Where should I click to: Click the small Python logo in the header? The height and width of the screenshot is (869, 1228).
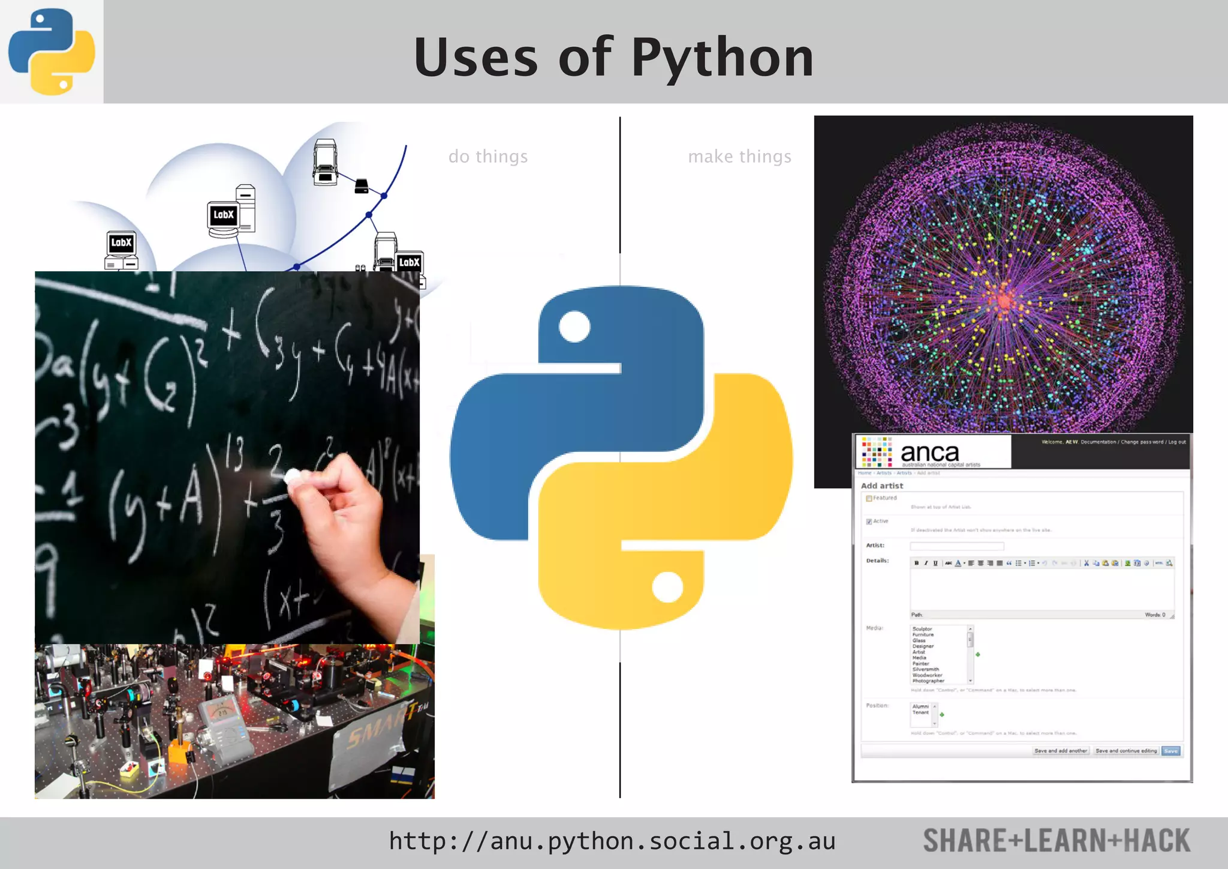pyautogui.click(x=52, y=52)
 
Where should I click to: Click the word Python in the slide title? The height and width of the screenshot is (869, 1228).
pyautogui.click(x=723, y=58)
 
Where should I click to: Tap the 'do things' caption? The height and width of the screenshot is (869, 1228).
pyautogui.click(x=488, y=157)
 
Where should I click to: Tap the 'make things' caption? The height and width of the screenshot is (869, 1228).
pyautogui.click(x=739, y=157)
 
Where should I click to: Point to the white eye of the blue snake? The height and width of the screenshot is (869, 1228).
pyautogui.click(x=574, y=327)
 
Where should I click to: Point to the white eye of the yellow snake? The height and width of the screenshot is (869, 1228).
pyautogui.click(x=667, y=586)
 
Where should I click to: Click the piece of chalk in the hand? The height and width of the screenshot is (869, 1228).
pyautogui.click(x=293, y=477)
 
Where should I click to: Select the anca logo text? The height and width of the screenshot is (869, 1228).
pyautogui.click(x=929, y=453)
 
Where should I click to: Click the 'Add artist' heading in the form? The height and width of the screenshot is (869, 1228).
pyautogui.click(x=881, y=486)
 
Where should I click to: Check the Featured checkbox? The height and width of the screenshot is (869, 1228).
pyautogui.click(x=869, y=498)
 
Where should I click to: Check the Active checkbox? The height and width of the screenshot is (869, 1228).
pyautogui.click(x=869, y=522)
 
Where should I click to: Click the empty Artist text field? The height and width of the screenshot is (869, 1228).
pyautogui.click(x=956, y=546)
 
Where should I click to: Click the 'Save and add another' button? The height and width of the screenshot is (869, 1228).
pyautogui.click(x=1060, y=751)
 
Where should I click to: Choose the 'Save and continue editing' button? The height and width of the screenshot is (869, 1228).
pyautogui.click(x=1125, y=751)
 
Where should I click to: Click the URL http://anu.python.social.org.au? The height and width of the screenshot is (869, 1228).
pyautogui.click(x=612, y=841)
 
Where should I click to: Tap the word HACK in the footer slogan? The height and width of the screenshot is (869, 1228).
pyautogui.click(x=1157, y=841)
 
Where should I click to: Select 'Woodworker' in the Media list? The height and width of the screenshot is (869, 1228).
pyautogui.click(x=927, y=675)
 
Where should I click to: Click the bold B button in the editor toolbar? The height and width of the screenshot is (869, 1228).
pyautogui.click(x=916, y=563)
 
